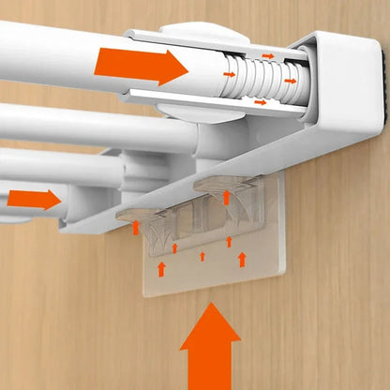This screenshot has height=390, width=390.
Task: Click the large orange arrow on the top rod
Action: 141,66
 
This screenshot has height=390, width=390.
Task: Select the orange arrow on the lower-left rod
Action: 34,199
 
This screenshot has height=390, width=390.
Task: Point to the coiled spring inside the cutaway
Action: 255,78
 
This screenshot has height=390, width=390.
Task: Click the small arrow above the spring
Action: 267,56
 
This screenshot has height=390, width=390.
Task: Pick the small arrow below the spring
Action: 261,100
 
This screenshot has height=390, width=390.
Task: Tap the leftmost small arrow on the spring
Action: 229,72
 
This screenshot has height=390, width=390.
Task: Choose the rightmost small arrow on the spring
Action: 291,81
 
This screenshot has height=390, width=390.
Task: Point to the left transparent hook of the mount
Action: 141,217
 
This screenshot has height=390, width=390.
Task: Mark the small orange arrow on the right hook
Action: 226,197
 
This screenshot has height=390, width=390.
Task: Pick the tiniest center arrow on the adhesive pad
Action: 202,255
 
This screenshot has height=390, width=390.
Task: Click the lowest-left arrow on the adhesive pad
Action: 161,269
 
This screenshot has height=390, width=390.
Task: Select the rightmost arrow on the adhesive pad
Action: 243,258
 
